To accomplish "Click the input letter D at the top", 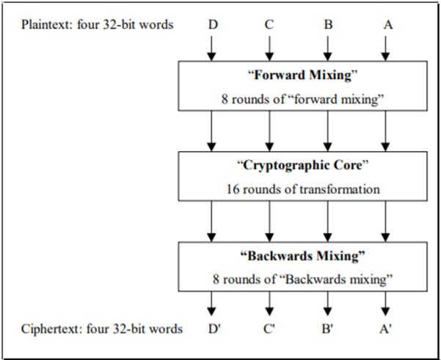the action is coord(214,24).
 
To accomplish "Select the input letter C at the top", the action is coord(269,24).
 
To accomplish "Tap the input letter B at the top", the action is coord(328,24).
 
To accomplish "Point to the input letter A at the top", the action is coord(388,25).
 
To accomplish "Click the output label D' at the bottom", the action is coord(214,328).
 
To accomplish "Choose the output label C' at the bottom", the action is coord(269,328).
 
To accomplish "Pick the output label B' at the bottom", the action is coord(328,328).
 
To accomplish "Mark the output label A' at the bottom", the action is coord(385,328).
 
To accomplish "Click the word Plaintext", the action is coord(47,24).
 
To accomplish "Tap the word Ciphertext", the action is coord(52,328).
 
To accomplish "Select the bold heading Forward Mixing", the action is coord(302,75).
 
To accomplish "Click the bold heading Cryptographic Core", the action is coord(302,165).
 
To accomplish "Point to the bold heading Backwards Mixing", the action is coord(302,256).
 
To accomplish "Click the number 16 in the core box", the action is coord(233,189).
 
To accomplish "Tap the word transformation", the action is coord(340,189).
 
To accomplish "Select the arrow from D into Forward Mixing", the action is coord(211,48).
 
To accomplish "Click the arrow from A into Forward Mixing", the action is coord(385,48).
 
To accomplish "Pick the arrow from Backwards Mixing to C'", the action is coord(269,304).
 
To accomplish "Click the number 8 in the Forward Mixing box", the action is coord(225,99).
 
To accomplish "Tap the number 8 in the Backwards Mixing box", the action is coord(216,279).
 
